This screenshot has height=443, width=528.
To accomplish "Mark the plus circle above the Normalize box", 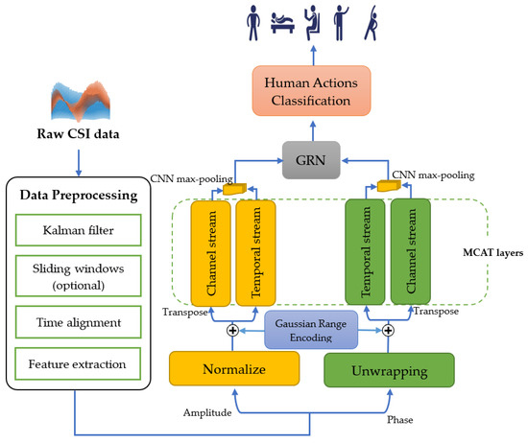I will coord(231,330).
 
